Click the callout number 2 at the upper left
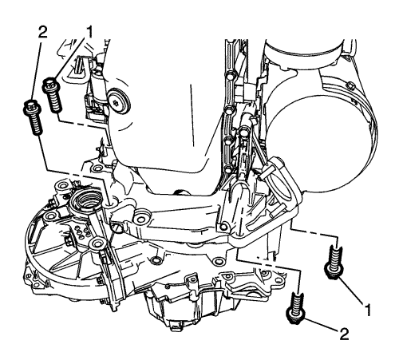coord(42,33)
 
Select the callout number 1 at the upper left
coord(89,33)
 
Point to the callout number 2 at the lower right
coord(343,334)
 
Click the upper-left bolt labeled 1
coord(52,94)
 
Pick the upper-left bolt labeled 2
coord(34,117)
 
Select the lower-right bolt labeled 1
coord(334,263)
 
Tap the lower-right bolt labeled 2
coord(296,308)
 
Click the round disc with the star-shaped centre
coord(118,101)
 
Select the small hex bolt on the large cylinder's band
coord(350,85)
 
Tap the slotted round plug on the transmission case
coord(117,228)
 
